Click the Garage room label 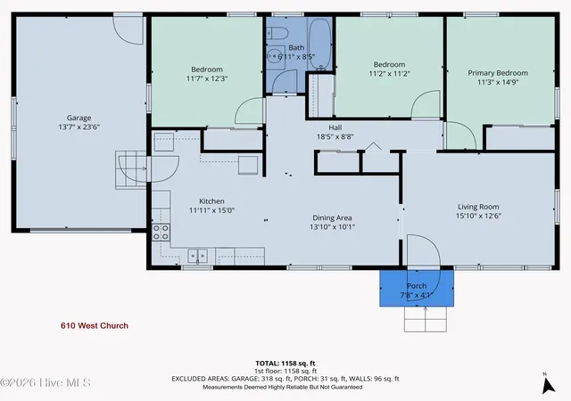tap(79, 118)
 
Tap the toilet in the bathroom tap(277, 33)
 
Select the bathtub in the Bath tap(320, 44)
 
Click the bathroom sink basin tap(275, 57)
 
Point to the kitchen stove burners tap(161, 233)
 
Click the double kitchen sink tap(198, 256)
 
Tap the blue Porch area tap(417, 288)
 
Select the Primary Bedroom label tap(498, 73)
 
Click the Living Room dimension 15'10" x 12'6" tap(478, 216)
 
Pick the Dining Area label tap(332, 218)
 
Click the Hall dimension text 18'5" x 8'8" tap(335, 137)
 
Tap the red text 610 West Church tap(95, 325)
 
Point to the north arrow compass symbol tap(548, 385)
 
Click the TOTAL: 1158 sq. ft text tap(285, 364)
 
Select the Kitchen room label tap(211, 201)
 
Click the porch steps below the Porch tap(426, 319)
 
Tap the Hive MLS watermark tap(46, 383)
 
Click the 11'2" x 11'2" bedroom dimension tap(389, 73)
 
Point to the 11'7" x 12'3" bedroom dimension tap(207, 78)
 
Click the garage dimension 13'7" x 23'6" tap(79, 127)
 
